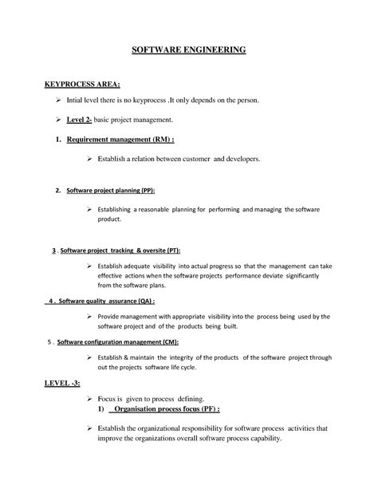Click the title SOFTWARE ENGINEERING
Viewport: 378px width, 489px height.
coord(189,49)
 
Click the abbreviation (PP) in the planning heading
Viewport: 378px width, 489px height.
coord(148,191)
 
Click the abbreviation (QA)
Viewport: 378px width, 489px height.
coord(142,302)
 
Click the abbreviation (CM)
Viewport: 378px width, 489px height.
coord(167,342)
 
